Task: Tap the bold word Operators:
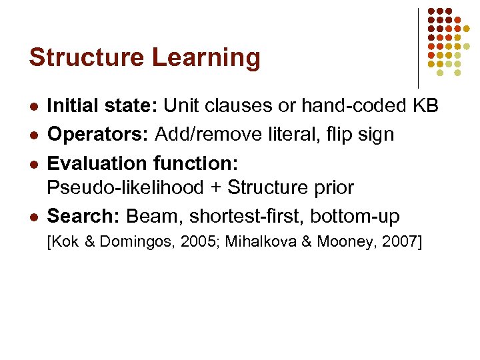pyautogui.click(x=99, y=134)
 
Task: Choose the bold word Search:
pyautogui.click(x=84, y=216)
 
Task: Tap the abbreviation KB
pyautogui.click(x=423, y=105)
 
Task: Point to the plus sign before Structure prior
pyautogui.click(x=216, y=188)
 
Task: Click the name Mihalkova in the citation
pyautogui.click(x=257, y=242)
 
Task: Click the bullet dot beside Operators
pyautogui.click(x=34, y=135)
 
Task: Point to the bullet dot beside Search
pyautogui.click(x=34, y=217)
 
